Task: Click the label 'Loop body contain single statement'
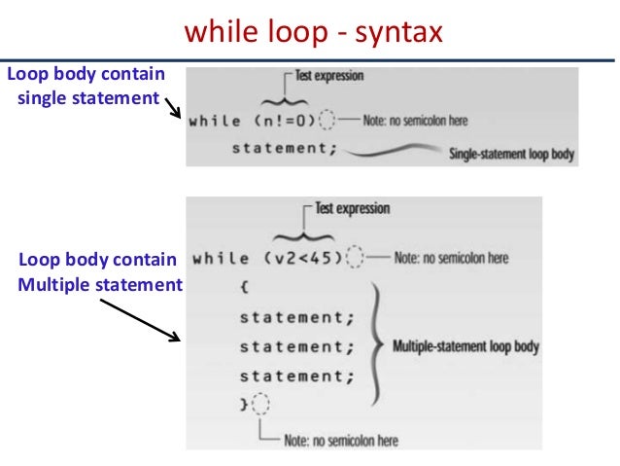(x=86, y=86)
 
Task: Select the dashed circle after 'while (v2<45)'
(x=356, y=259)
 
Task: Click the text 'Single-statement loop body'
(x=510, y=154)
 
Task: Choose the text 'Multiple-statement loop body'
(x=465, y=345)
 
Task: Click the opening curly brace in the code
(x=243, y=288)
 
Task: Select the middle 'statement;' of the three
(x=291, y=345)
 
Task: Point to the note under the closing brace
(x=340, y=440)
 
